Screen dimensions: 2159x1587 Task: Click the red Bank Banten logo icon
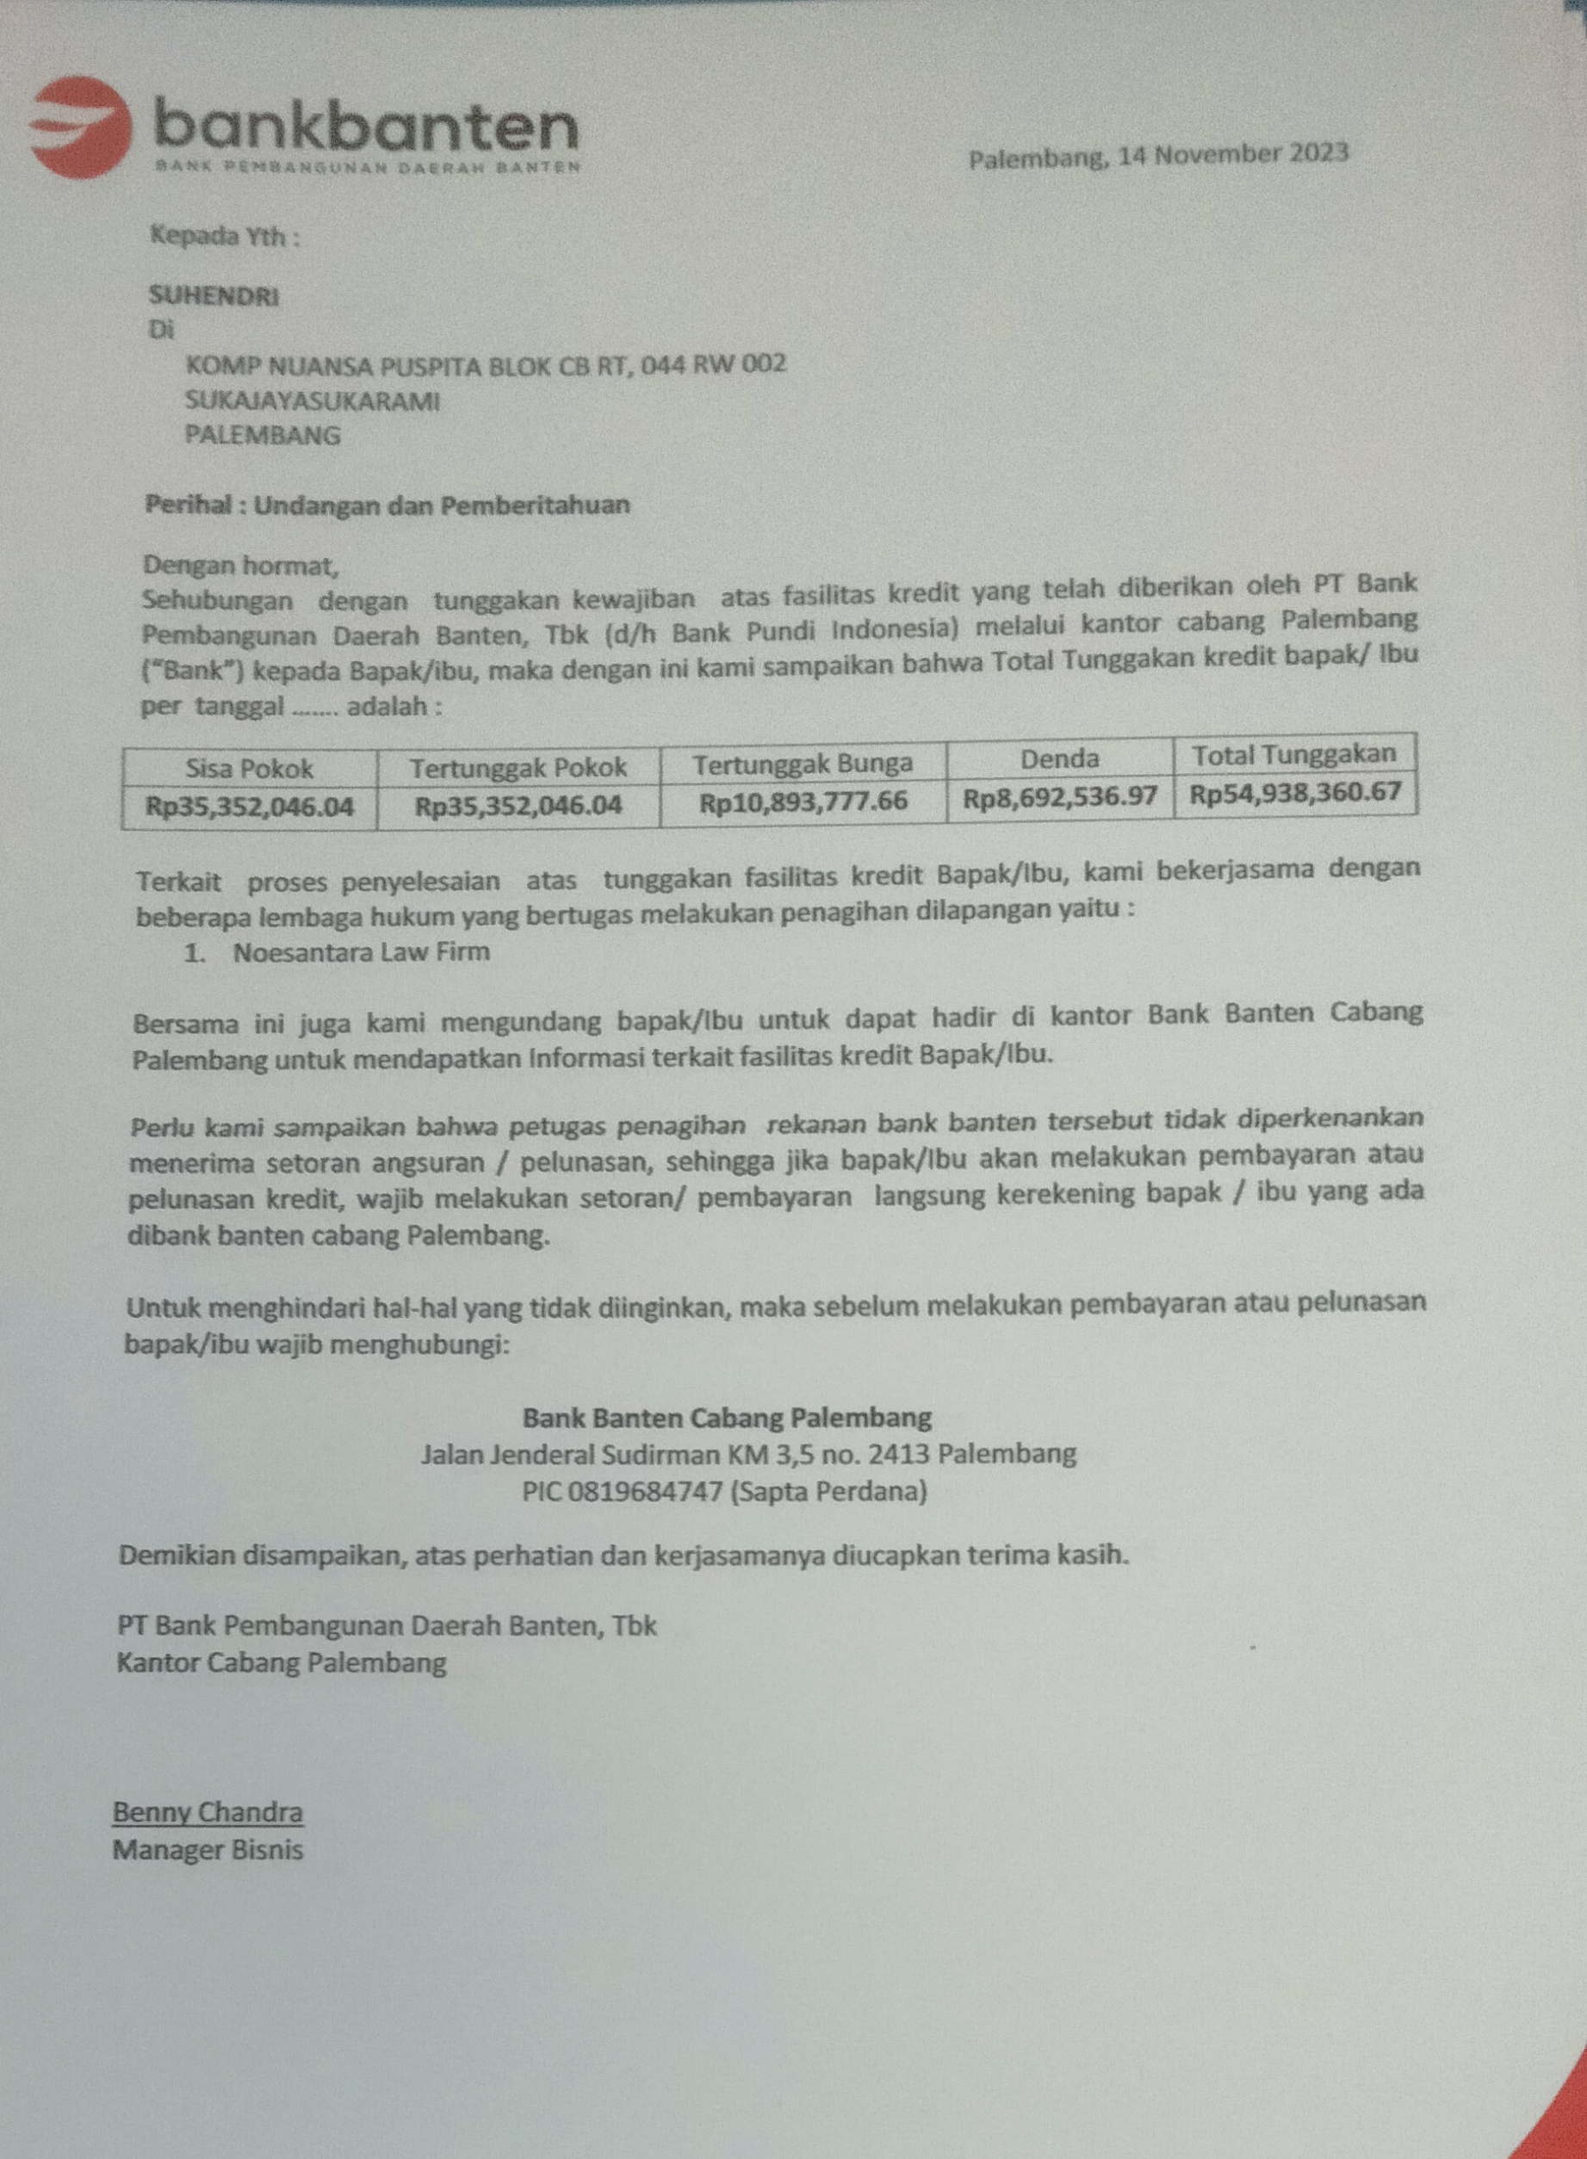82,128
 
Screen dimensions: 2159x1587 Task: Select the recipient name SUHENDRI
214,296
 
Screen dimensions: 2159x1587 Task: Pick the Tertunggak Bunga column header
803,764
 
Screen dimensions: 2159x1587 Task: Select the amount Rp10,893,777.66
803,801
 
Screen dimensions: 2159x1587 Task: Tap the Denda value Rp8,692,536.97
1060,797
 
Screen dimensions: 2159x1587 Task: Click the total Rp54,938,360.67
1295,794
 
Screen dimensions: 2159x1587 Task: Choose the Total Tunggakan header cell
1294,754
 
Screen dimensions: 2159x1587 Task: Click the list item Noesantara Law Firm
361,952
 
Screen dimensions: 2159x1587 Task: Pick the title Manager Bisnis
208,1850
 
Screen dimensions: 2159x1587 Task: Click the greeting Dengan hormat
240,566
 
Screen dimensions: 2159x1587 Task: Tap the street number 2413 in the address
899,1454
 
